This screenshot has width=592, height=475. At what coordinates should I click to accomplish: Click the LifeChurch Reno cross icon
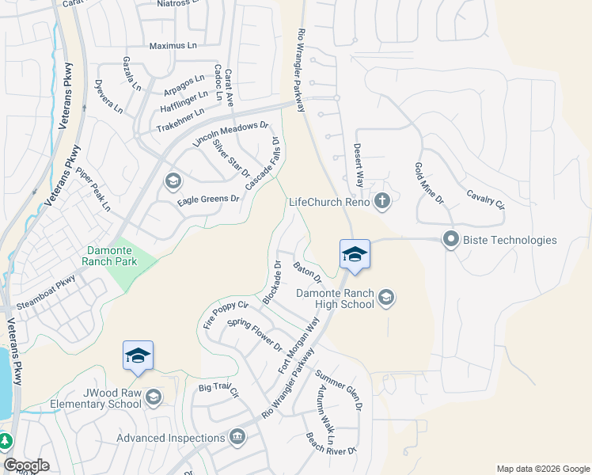[382, 200]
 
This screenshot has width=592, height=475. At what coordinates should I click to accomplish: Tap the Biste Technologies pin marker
[451, 238]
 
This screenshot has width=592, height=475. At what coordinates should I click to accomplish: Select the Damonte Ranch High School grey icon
[386, 298]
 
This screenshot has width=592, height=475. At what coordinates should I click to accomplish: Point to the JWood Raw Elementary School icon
[154, 397]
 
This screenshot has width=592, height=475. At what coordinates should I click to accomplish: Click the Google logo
[26, 465]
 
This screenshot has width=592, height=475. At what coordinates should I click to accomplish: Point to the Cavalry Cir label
[484, 198]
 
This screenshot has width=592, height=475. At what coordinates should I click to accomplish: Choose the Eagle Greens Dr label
[208, 199]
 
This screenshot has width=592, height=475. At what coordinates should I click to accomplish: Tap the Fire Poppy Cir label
[226, 314]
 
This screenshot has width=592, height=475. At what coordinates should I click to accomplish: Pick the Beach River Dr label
[332, 445]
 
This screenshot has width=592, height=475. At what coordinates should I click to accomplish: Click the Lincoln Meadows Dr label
[231, 134]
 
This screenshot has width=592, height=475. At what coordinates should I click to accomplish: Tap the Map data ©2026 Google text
[542, 469]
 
